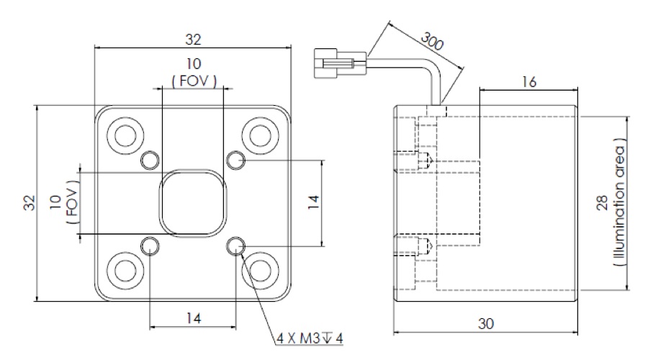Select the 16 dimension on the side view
coord(528,82)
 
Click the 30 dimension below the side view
coord(487,324)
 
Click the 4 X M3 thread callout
coord(310,337)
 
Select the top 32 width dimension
coord(193,38)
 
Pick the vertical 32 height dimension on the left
coord(27,203)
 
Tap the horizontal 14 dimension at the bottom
coord(192,317)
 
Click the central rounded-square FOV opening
coord(192,203)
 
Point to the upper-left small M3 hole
coord(150,159)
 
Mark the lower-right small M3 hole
coord(235,248)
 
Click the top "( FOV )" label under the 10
coord(193,81)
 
